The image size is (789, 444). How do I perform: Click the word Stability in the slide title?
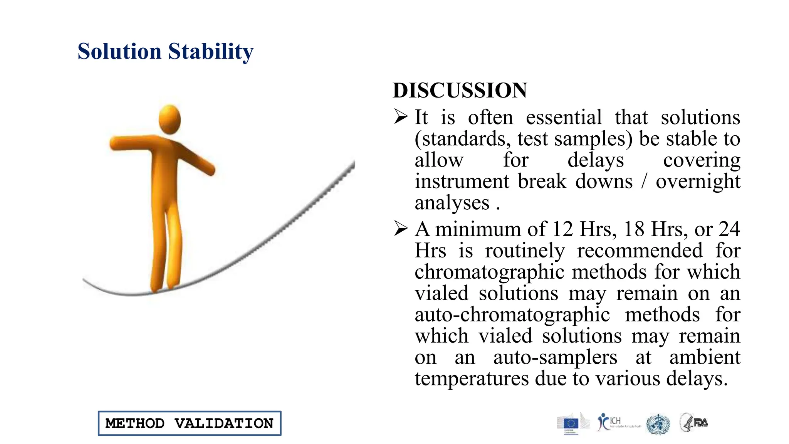(211, 52)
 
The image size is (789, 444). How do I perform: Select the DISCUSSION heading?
(460, 91)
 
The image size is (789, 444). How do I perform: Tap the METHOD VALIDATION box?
(190, 423)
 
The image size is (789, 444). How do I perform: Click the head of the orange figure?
(170, 119)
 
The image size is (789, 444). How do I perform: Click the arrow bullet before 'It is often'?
(401, 116)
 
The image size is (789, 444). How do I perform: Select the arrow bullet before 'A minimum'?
(401, 229)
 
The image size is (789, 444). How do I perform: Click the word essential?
(564, 117)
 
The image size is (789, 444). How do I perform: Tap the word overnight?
(698, 182)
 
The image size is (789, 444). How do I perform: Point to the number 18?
(634, 229)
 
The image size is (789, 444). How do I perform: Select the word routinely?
(525, 251)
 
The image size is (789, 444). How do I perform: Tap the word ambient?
(705, 357)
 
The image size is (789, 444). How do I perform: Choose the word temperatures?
(472, 379)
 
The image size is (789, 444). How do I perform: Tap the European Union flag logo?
(571, 424)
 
